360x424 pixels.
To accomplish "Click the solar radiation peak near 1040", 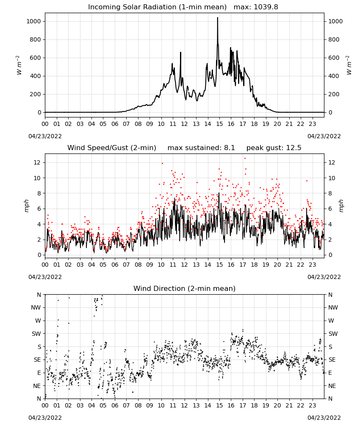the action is point(217,18).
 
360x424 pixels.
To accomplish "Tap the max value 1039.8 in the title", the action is point(266,7).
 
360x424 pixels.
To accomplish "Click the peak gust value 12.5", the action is point(293,148).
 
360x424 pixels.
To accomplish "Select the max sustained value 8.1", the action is point(229,148).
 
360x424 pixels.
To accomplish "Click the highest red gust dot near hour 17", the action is point(245,159).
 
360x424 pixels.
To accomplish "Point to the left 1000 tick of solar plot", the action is point(34,21).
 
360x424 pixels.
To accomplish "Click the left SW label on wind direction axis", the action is point(36,334).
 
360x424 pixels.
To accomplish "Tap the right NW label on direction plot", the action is point(333,307).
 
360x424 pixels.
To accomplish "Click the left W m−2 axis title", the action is point(19,65).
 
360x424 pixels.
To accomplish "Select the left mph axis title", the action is point(26,206).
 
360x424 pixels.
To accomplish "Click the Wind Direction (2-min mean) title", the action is point(185,288).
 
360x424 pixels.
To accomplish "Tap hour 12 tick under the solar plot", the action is point(185,124).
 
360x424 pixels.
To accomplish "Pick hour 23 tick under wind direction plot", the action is point(313,405).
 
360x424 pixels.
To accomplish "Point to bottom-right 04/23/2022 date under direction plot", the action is point(324,418).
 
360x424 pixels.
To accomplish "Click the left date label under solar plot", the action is point(45,136).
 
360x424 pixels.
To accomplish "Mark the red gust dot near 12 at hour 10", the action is point(162,163).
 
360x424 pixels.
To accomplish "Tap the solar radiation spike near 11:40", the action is point(181,53).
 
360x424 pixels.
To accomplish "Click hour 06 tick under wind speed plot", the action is point(115,265).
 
